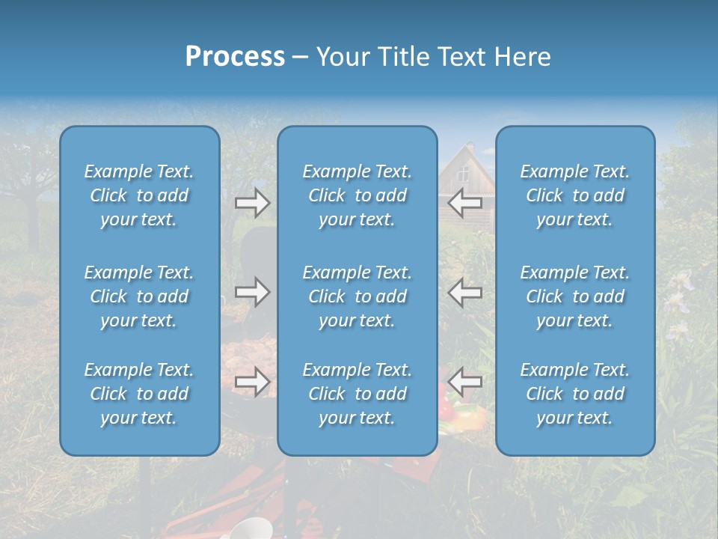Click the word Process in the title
click(235, 57)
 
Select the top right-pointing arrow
click(252, 202)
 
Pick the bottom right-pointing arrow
click(252, 382)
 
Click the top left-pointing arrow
click(464, 202)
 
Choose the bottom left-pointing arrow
click(464, 382)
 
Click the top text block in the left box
click(139, 195)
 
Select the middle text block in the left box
click(139, 296)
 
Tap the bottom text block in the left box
click(139, 394)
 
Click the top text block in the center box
click(357, 195)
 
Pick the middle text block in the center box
click(357, 296)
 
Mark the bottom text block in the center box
click(357, 394)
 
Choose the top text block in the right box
click(574, 195)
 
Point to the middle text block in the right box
click(574, 296)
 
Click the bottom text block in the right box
click(574, 394)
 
